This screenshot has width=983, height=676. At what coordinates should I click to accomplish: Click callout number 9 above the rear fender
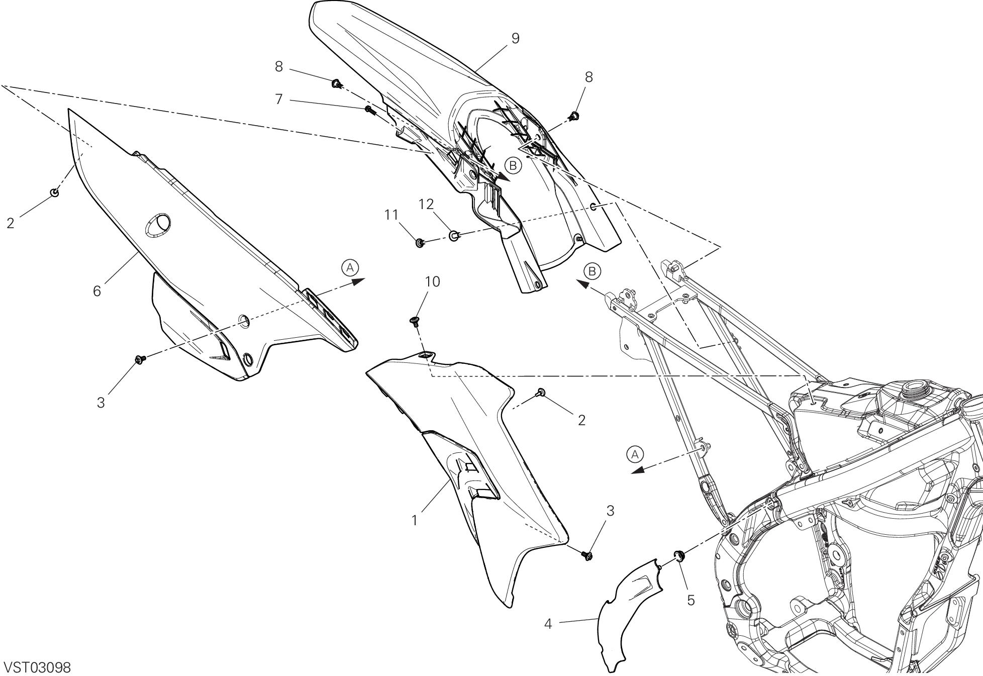(515, 38)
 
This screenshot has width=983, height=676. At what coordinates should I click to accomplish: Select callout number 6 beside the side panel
(97, 291)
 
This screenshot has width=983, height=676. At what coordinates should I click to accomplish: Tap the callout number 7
(279, 99)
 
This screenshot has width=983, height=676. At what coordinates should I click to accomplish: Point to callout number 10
(432, 282)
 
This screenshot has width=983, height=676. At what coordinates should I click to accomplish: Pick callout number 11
(391, 215)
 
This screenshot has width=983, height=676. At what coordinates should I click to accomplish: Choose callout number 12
(426, 204)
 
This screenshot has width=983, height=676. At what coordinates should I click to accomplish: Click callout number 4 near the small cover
(548, 624)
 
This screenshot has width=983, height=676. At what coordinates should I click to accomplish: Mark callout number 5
(691, 600)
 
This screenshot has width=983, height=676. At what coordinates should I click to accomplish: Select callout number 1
(415, 521)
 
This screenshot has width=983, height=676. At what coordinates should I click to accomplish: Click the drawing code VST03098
(37, 667)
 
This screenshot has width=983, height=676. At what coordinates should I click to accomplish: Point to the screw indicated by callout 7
(369, 109)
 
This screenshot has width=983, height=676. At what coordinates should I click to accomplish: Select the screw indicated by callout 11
(420, 244)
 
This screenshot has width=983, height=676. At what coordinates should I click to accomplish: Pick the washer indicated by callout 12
(454, 235)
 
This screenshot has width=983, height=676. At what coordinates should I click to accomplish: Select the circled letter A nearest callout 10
(350, 267)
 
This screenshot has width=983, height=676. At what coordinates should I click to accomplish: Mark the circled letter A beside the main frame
(635, 454)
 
